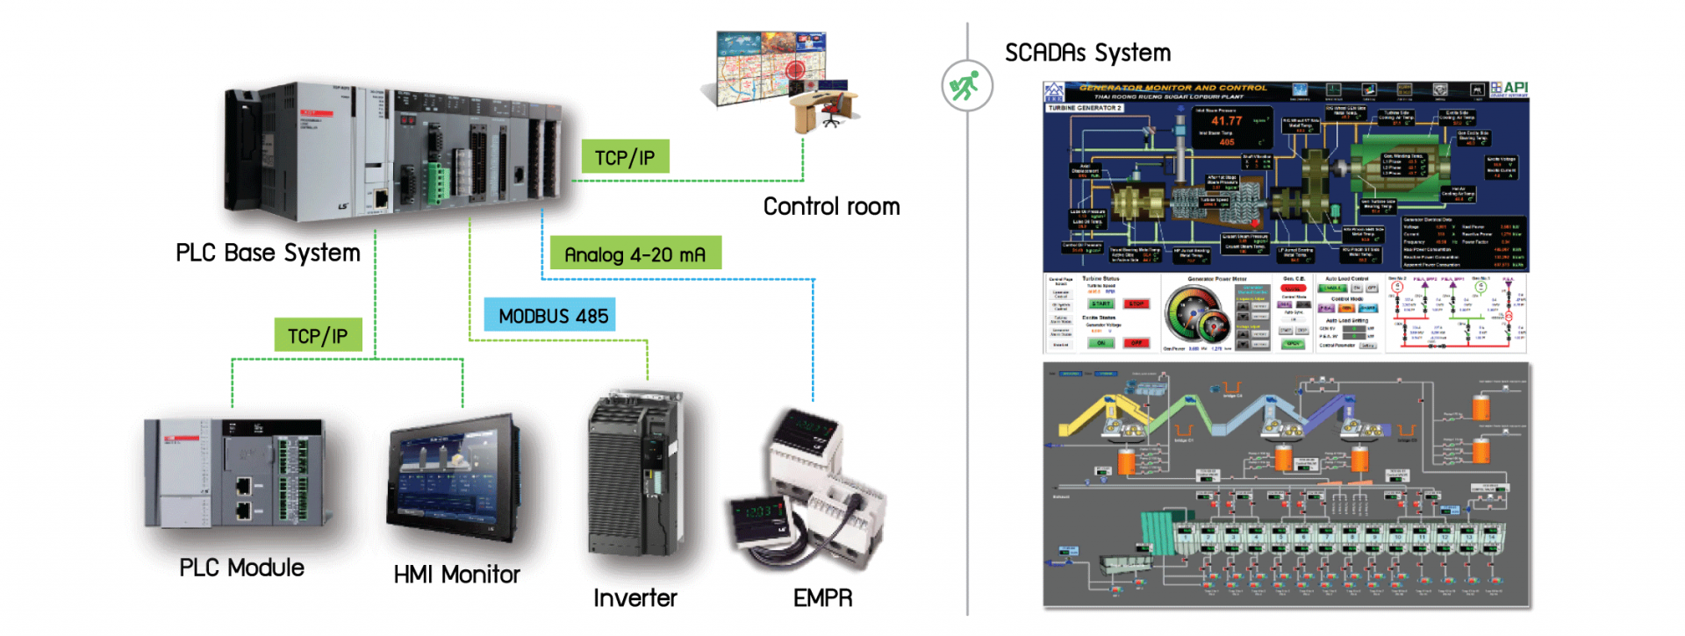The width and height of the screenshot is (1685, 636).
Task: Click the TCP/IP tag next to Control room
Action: tap(625, 157)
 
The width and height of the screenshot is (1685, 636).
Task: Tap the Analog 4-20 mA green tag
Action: tap(635, 254)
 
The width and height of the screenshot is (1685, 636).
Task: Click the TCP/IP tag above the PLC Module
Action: tap(318, 335)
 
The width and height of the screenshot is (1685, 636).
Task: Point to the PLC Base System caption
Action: tap(268, 253)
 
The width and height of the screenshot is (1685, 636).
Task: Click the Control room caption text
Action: tap(831, 206)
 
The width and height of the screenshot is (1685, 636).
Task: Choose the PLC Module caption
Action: tap(241, 568)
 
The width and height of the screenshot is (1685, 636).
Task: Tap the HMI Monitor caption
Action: tap(456, 575)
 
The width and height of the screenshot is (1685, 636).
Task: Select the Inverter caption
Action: tap(635, 598)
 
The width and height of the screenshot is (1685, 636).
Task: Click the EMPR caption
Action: tap(822, 598)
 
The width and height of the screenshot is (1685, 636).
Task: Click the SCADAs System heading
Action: tap(1087, 53)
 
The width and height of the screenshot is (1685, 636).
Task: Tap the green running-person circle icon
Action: tap(966, 86)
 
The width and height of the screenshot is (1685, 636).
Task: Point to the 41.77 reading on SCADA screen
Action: tap(1227, 121)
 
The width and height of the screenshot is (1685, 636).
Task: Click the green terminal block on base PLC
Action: tap(437, 181)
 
